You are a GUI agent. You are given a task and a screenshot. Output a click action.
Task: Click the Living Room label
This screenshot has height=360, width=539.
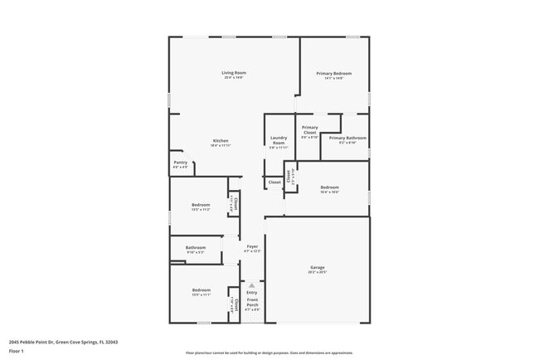click(x=234, y=73)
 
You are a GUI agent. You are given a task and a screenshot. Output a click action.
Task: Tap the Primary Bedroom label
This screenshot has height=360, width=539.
click(x=334, y=74)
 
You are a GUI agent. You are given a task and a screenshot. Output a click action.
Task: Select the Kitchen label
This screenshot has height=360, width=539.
click(x=221, y=141)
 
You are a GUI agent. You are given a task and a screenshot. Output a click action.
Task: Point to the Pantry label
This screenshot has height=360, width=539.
click(x=180, y=163)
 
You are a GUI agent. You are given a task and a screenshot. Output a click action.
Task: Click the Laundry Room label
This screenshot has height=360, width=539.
click(x=279, y=141)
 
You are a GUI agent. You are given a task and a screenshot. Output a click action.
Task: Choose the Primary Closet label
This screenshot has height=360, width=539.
click(x=309, y=130)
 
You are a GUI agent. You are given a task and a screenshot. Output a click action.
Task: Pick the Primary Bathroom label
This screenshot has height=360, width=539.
click(x=347, y=138)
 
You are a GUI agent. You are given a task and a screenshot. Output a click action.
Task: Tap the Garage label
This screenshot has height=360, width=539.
click(x=317, y=267)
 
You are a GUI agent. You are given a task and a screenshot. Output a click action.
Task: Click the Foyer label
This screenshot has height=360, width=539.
click(x=251, y=247)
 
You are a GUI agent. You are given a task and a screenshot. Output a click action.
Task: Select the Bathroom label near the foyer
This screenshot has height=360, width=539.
click(x=196, y=247)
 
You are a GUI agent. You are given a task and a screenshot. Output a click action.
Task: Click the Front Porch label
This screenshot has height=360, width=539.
click(x=252, y=303)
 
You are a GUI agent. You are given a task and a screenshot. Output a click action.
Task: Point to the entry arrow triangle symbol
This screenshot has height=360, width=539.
click(x=252, y=285)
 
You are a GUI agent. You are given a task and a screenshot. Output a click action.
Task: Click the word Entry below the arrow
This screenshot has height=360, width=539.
click(x=252, y=293)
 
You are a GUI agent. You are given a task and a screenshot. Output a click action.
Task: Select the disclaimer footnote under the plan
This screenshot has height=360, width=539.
click(x=269, y=353)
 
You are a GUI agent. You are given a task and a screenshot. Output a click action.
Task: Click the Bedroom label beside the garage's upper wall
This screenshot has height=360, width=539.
click(x=330, y=187)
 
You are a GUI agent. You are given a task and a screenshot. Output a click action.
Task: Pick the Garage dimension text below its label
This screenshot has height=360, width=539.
click(x=317, y=272)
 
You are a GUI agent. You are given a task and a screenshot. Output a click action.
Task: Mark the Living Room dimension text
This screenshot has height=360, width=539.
click(x=234, y=78)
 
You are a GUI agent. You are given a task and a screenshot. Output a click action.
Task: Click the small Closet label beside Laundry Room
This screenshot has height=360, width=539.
click(x=274, y=182)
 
